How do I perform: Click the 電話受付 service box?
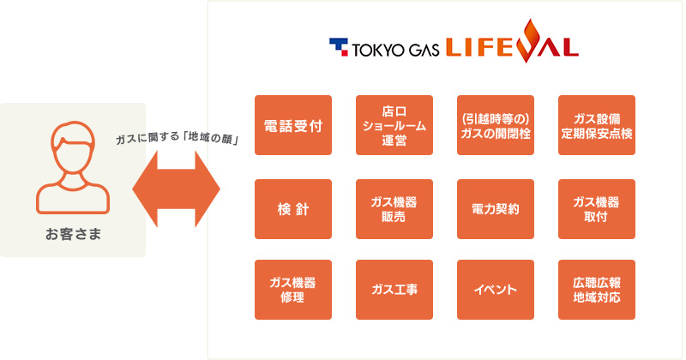pyautogui.click(x=293, y=125)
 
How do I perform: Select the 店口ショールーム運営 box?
pyautogui.click(x=394, y=125)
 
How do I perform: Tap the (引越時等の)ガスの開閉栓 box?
pyautogui.click(x=496, y=125)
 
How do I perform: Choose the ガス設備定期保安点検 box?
pyautogui.click(x=597, y=125)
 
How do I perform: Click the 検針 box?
pyautogui.click(x=293, y=209)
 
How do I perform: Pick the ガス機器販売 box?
pyautogui.click(x=394, y=209)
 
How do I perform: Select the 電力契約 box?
pyautogui.click(x=496, y=209)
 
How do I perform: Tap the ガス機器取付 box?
pyautogui.click(x=597, y=209)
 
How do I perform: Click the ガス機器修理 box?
pyautogui.click(x=293, y=290)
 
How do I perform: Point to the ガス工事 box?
pyautogui.click(x=394, y=290)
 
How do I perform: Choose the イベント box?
pyautogui.click(x=496, y=290)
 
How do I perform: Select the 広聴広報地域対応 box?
pyautogui.click(x=597, y=290)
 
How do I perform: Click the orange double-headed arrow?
pyautogui.click(x=177, y=189)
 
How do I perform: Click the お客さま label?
pyautogui.click(x=73, y=234)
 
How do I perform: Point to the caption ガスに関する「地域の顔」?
pyautogui.click(x=178, y=138)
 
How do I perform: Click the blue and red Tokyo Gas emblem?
pyautogui.click(x=339, y=47)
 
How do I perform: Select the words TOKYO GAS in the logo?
pyautogui.click(x=395, y=50)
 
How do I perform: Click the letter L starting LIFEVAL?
pyautogui.click(x=454, y=48)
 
